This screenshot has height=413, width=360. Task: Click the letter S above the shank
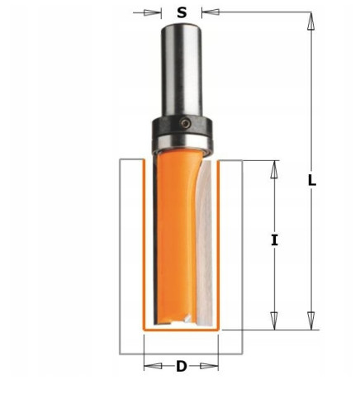point(181,12)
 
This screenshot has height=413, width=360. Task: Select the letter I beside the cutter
point(274,240)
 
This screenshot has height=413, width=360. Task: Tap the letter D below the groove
point(182,366)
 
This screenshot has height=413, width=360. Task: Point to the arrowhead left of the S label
point(154,12)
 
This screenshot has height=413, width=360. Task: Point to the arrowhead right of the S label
point(207,12)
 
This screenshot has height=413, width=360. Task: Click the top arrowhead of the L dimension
point(311,22)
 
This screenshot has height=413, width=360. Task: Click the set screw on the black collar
point(189,125)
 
